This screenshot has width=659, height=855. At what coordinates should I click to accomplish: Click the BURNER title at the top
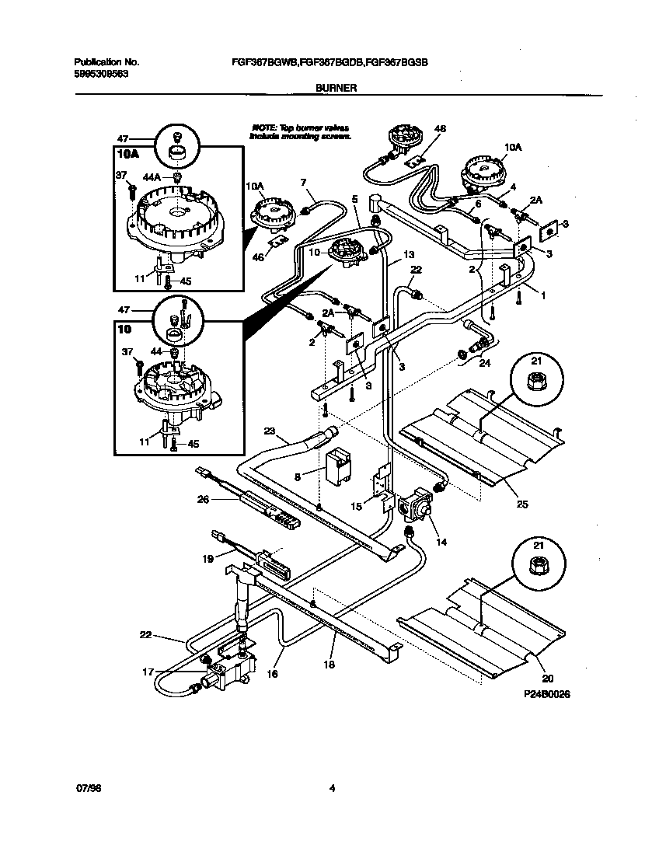(336, 89)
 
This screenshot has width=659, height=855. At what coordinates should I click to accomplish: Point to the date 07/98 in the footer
(89, 787)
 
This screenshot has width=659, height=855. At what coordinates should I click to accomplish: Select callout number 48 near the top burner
(440, 128)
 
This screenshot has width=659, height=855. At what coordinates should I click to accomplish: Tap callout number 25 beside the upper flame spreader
(522, 504)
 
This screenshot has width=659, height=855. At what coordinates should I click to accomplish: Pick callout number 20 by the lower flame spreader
(538, 678)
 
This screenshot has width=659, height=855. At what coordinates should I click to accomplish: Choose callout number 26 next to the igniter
(204, 500)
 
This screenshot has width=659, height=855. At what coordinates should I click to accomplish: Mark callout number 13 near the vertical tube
(410, 255)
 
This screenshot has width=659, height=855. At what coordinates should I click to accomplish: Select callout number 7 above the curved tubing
(304, 182)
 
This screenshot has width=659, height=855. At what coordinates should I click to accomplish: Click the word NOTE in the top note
(263, 126)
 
